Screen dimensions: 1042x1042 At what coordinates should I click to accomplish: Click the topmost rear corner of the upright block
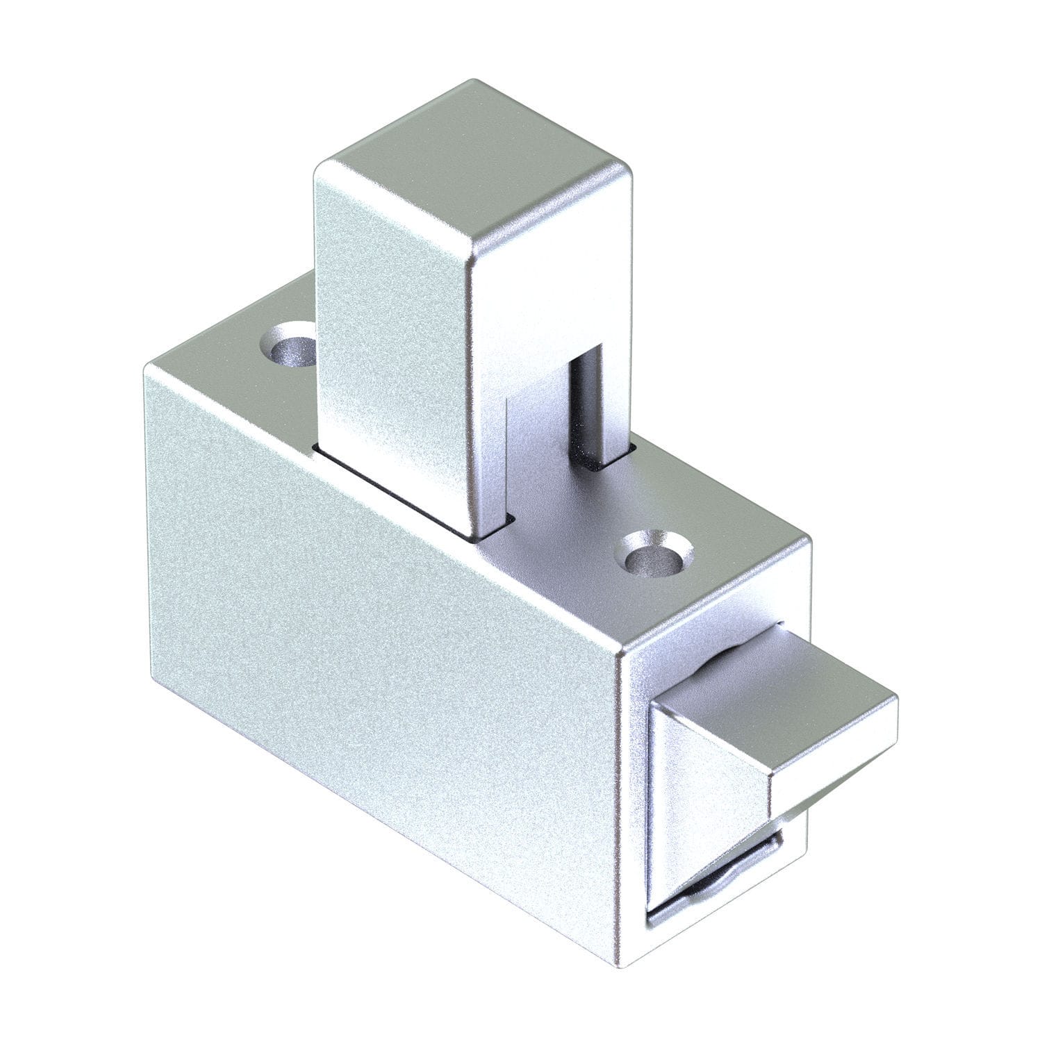point(472,82)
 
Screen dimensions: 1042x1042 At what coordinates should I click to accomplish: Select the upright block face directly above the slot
point(556,299)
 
